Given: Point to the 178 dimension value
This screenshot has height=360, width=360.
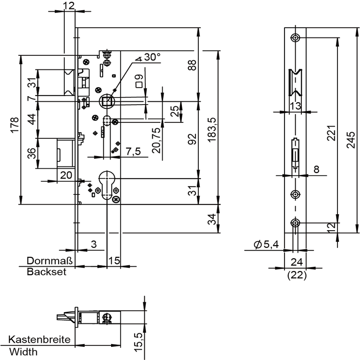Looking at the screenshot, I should pos(14,126).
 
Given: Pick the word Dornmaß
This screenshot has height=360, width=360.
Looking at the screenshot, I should pos(50,261).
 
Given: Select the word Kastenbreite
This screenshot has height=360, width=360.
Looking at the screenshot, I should pos(39,339).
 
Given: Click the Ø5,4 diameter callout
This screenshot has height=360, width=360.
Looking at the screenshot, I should pos(266,244).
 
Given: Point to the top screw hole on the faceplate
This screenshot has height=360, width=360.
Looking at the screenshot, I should pos(295,37).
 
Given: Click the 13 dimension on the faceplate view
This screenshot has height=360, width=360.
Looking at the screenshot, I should pos(295,106).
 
